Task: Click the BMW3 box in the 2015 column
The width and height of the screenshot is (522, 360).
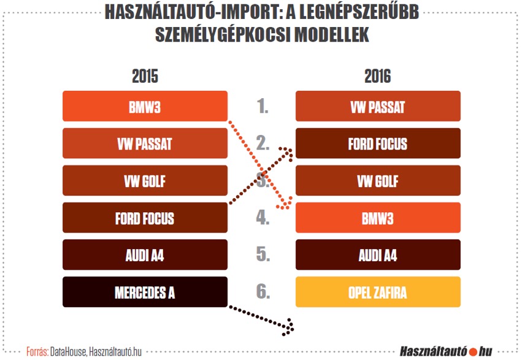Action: pos(145,106)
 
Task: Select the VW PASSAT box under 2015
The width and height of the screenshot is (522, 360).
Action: pos(145,144)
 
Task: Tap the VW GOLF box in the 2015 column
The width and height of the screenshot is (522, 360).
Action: pos(145,181)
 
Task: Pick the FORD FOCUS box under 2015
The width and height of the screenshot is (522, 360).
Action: pos(145,218)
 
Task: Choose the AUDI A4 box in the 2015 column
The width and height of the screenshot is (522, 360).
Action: pos(145,255)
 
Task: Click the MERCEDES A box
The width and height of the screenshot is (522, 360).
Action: pos(145,292)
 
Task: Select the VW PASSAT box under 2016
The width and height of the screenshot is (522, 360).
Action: pos(378,106)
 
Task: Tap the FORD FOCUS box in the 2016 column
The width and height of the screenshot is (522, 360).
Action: pos(378,144)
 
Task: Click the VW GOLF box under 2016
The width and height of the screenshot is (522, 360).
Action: pos(378,181)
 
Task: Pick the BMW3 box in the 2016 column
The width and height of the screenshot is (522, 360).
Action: pos(378,218)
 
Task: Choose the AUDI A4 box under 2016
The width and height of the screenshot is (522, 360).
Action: pos(378,255)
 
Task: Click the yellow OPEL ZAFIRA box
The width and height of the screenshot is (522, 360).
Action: pos(378,292)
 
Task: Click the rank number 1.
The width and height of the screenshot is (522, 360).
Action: pos(263,106)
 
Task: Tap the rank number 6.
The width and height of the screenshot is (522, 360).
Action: pos(263,292)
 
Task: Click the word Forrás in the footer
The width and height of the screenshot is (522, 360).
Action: pos(37,352)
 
